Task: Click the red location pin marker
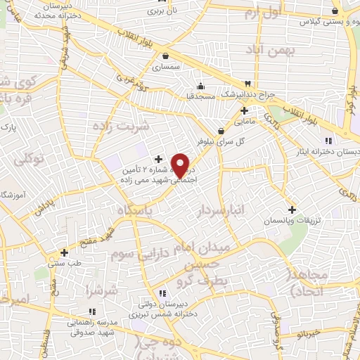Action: coord(181,165)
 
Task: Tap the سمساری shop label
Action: coord(166,67)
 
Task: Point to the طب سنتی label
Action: coord(64,263)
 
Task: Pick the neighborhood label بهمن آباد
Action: coord(271,51)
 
